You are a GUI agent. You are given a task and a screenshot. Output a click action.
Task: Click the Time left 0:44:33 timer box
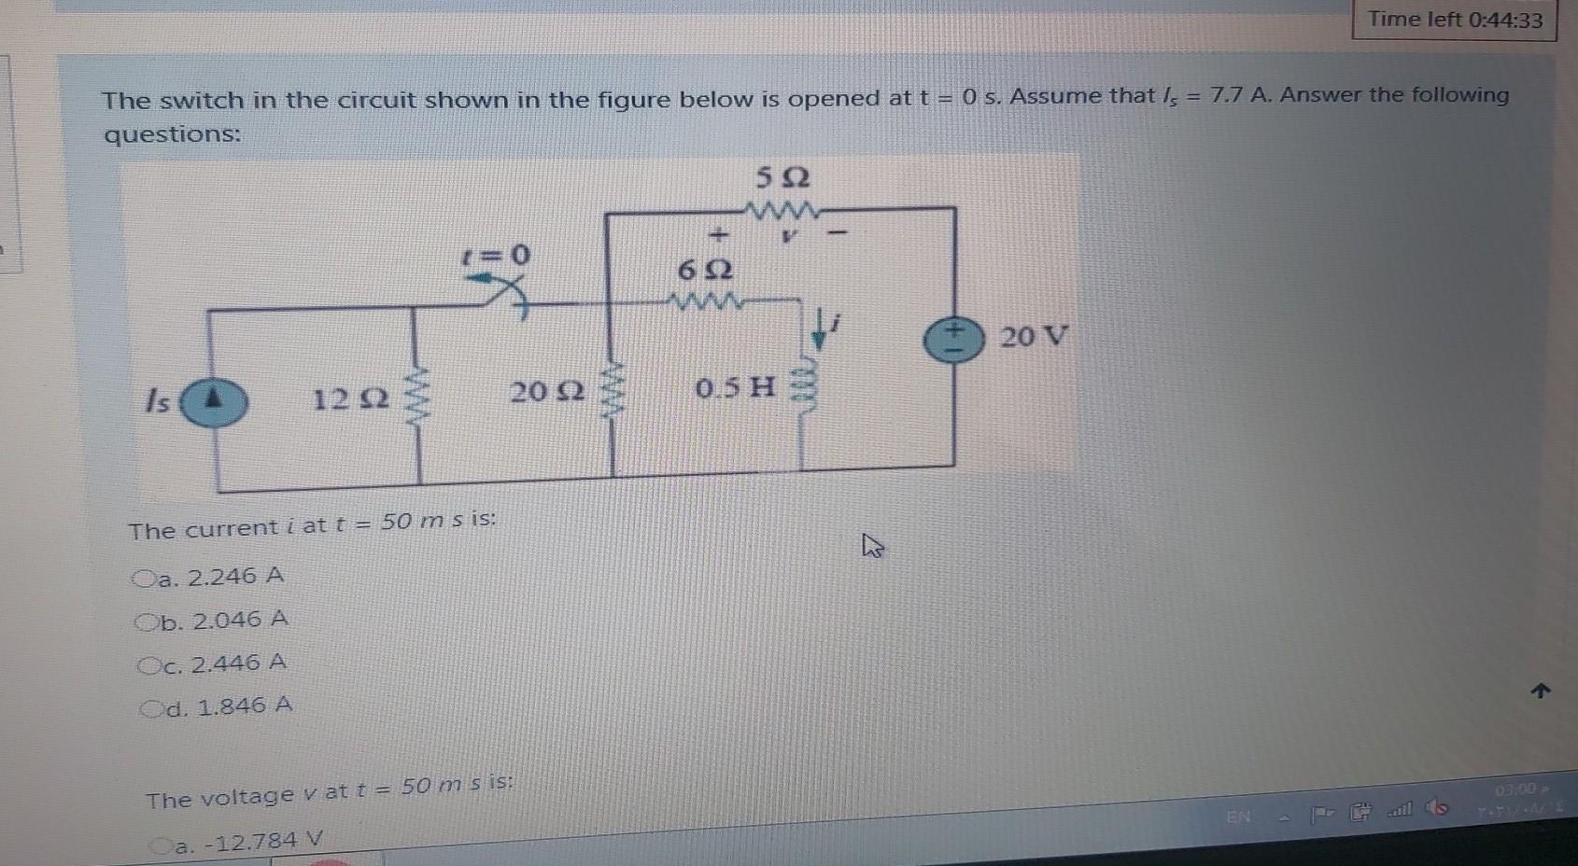(1455, 20)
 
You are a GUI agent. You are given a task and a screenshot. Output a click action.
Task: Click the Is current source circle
(214, 401)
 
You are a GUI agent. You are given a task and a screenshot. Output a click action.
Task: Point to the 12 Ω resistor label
(350, 399)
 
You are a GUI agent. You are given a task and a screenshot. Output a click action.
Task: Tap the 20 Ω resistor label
(547, 391)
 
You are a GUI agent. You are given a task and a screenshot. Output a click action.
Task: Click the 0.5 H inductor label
(736, 385)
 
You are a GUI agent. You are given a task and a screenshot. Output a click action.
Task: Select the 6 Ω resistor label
(705, 271)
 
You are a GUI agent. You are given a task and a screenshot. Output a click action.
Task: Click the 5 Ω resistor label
(782, 177)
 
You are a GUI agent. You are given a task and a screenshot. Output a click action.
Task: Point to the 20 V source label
(1033, 336)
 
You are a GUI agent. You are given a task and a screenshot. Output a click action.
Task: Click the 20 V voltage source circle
(953, 340)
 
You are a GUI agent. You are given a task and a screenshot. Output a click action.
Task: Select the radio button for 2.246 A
(144, 579)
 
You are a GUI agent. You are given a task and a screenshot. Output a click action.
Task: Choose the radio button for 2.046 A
(146, 622)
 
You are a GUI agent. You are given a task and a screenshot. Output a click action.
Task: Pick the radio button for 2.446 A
(148, 665)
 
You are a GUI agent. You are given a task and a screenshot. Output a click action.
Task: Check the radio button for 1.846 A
(149, 708)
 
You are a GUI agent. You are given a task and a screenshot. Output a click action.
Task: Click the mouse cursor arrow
(872, 545)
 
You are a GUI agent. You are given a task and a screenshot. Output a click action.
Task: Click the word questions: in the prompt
(172, 134)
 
